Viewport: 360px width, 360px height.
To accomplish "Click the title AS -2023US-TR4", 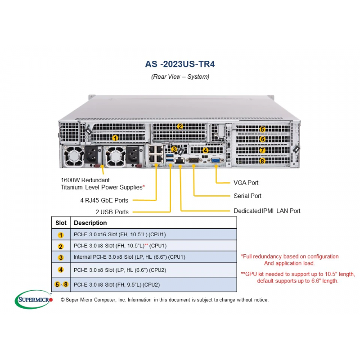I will (x=180, y=64).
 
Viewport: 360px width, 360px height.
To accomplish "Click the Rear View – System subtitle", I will (x=180, y=76).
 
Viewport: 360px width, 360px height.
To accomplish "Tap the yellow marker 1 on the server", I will (x=115, y=138).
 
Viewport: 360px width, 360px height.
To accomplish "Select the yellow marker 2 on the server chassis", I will (x=180, y=126).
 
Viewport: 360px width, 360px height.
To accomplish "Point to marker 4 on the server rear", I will (x=205, y=150).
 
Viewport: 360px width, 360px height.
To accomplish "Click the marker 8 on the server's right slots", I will (x=262, y=161).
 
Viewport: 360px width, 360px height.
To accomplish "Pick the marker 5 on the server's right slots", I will (x=262, y=129).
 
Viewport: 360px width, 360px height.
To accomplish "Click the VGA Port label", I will (x=246, y=183).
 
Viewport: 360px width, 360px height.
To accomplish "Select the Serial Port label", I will (x=247, y=196).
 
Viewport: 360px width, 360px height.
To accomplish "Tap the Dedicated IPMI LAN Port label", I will (x=267, y=211).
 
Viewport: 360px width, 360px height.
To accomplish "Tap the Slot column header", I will (x=61, y=223).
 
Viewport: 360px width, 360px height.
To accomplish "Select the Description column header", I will (x=90, y=223).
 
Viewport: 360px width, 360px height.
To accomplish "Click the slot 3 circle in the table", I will (x=61, y=257).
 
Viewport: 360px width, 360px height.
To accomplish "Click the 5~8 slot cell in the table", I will (x=61, y=284).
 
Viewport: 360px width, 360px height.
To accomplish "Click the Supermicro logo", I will (x=34, y=299).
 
